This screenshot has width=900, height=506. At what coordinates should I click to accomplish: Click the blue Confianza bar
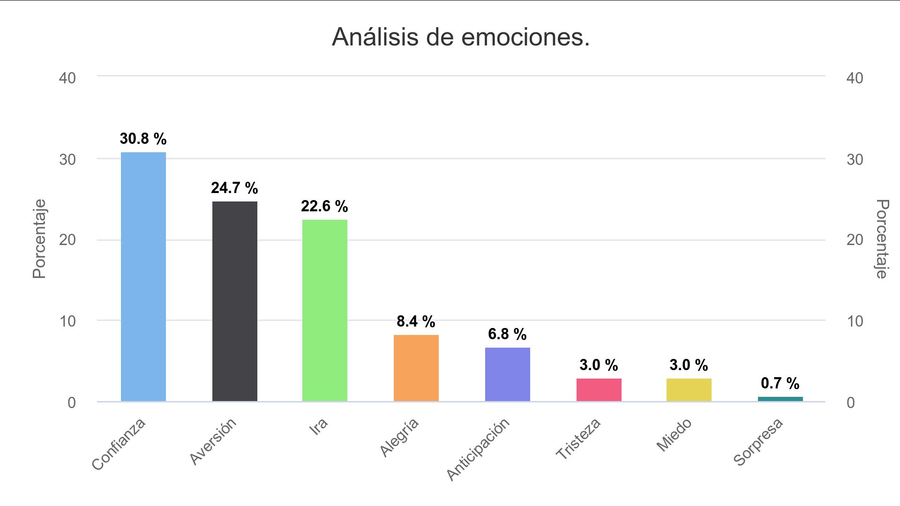pyautogui.click(x=143, y=276)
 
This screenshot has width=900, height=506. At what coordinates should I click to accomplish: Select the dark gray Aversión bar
pyautogui.click(x=234, y=301)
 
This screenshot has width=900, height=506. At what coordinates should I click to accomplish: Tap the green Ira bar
pyautogui.click(x=324, y=310)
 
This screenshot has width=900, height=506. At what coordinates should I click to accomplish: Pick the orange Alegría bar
pyautogui.click(x=416, y=368)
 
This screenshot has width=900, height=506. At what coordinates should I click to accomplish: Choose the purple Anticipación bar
pyautogui.click(x=507, y=374)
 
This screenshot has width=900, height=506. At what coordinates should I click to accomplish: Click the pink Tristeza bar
pyautogui.click(x=599, y=390)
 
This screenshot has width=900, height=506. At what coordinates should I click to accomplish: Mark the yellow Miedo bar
pyautogui.click(x=689, y=390)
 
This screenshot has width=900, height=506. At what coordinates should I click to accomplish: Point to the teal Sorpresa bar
pyautogui.click(x=780, y=399)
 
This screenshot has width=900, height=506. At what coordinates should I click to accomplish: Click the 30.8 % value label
pyautogui.click(x=143, y=139)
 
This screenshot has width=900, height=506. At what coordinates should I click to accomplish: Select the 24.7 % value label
pyautogui.click(x=234, y=188)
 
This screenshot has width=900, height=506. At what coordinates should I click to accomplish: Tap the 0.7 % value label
pyautogui.click(x=780, y=383)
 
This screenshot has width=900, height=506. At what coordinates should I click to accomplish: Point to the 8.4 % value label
pyautogui.click(x=416, y=321)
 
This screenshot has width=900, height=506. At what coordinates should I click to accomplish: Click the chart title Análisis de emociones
pyautogui.click(x=460, y=37)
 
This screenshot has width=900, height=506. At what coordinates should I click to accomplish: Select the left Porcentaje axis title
pyautogui.click(x=39, y=239)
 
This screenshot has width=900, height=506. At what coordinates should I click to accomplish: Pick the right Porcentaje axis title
pyautogui.click(x=882, y=239)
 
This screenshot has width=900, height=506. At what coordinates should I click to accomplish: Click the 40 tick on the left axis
pyautogui.click(x=67, y=78)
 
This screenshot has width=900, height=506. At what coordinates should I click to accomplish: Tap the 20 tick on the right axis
pyautogui.click(x=855, y=240)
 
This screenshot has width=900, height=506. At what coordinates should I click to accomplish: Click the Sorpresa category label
pyautogui.click(x=758, y=442)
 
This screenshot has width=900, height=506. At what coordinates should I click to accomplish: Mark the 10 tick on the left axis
pyautogui.click(x=67, y=321)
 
